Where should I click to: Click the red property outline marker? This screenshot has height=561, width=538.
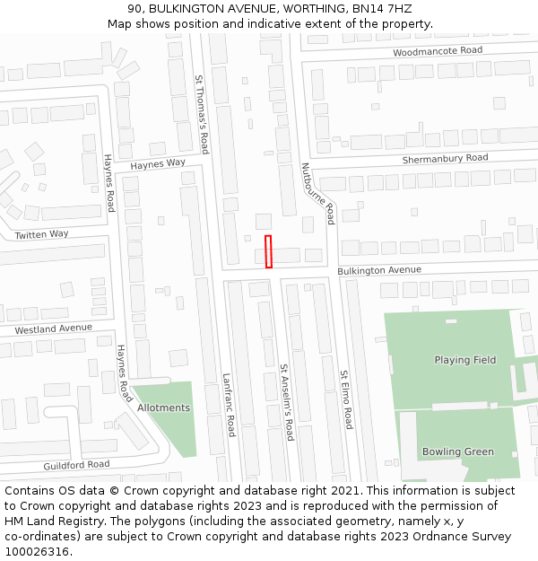[x=268, y=251]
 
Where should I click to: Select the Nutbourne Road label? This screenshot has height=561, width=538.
[x=317, y=193]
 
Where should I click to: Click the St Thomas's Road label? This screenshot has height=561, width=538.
[x=202, y=114]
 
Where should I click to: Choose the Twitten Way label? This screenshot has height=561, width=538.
[x=41, y=234]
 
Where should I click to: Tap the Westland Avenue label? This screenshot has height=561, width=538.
[x=53, y=329]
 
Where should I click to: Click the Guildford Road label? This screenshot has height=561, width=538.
[x=76, y=465]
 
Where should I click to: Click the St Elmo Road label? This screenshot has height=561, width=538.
[x=345, y=399]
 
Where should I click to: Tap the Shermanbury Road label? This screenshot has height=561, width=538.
[x=445, y=158]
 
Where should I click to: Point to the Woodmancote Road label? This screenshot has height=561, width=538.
[x=438, y=51]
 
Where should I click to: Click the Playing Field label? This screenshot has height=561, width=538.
[x=464, y=360]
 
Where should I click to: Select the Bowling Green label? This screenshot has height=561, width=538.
[x=457, y=451]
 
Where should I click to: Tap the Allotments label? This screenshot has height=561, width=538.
[x=163, y=408]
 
